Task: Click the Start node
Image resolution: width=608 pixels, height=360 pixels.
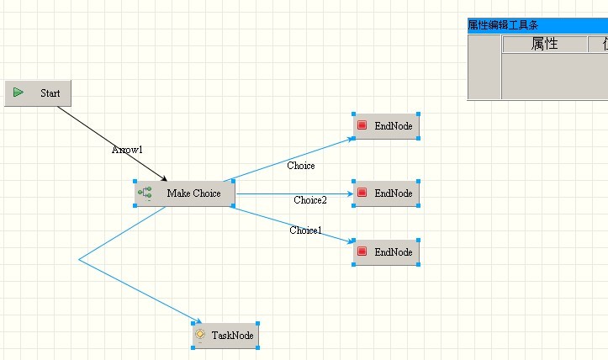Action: pos(38,93)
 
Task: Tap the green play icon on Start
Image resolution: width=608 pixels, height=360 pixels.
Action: pos(19,93)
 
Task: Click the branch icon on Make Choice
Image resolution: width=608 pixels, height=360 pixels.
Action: pos(145,193)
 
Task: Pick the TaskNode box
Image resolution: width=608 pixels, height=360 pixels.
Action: pos(225,336)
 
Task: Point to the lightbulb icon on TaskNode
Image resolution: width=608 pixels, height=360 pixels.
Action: pos(200,336)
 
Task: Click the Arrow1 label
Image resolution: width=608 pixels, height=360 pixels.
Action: pos(127,150)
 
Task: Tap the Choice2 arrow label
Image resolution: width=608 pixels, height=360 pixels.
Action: pos(310,200)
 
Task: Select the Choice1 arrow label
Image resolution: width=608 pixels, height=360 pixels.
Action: pos(305,230)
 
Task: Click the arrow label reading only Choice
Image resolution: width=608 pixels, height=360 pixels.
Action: pos(300,166)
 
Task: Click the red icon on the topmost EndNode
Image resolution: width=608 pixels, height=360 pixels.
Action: pos(362,126)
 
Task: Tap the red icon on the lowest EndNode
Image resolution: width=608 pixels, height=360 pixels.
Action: pos(362,251)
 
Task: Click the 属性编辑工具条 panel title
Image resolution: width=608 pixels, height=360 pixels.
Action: pos(505,25)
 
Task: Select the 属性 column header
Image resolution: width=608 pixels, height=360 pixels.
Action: pos(544,45)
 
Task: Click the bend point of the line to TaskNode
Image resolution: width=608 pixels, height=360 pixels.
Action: pos(79,260)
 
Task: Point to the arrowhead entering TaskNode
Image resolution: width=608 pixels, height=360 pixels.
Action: pos(198,321)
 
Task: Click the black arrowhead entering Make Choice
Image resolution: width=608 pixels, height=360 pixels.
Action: pos(164,178)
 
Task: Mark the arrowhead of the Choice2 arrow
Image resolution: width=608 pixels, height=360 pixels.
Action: pos(348,193)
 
